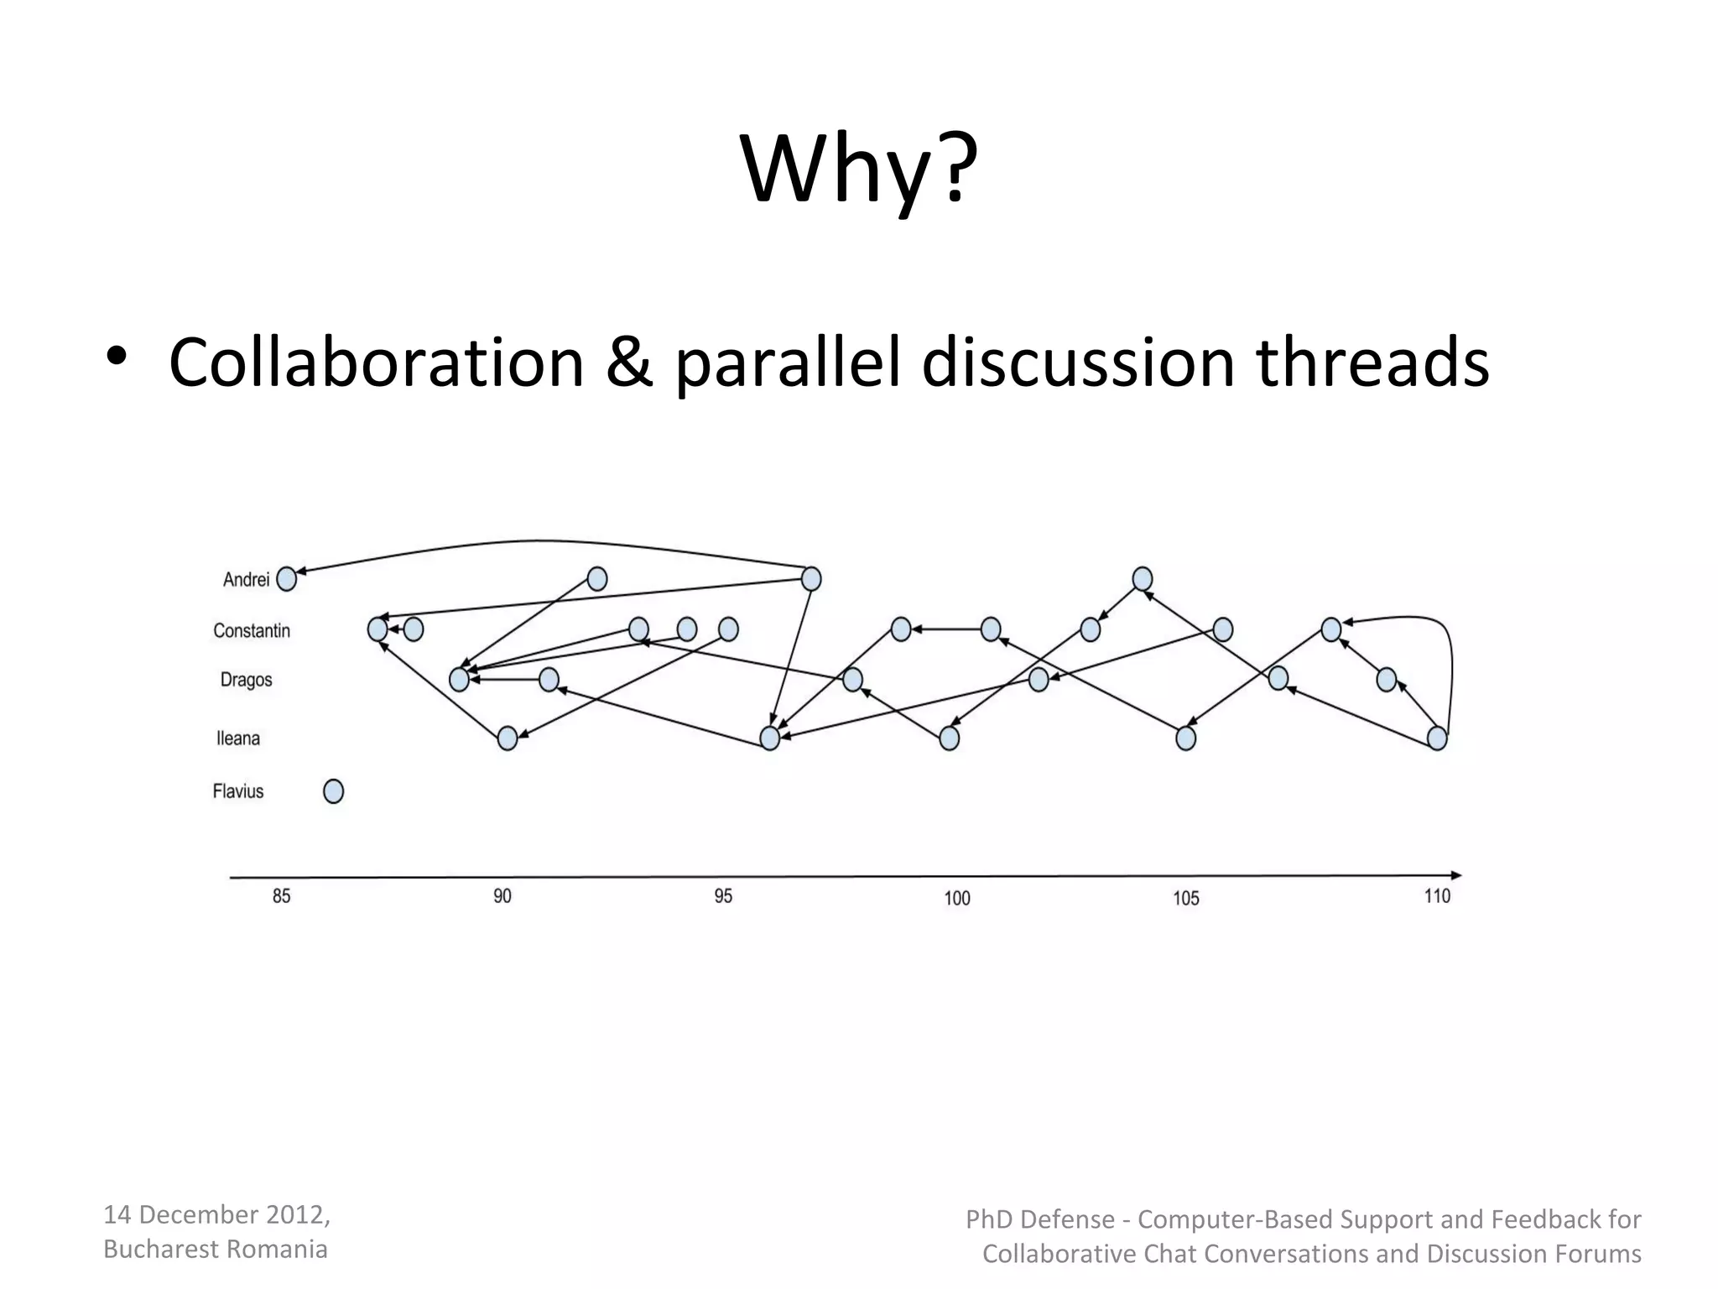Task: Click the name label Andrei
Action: (246, 579)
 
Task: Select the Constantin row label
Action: (252, 630)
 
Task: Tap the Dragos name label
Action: (246, 679)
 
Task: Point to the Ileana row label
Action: (238, 738)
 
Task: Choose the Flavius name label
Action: (238, 791)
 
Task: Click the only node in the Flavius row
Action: (333, 791)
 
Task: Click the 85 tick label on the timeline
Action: (281, 896)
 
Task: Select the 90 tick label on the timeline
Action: (502, 896)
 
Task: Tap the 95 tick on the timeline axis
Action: (723, 896)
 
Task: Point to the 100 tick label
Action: (957, 898)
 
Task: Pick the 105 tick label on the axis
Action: (1186, 898)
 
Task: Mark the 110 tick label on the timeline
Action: (1437, 896)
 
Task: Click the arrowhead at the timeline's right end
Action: (1455, 874)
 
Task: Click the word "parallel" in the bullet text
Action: (787, 363)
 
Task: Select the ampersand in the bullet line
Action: (629, 363)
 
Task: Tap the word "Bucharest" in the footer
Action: (161, 1249)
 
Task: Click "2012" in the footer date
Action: (294, 1214)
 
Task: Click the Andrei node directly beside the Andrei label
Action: (286, 579)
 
